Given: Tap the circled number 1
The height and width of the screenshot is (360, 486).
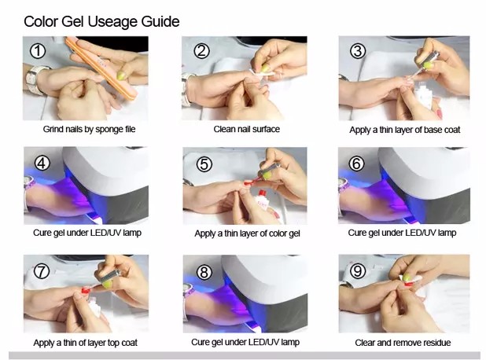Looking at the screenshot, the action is [38, 51].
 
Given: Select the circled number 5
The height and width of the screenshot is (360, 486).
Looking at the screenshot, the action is [204, 164].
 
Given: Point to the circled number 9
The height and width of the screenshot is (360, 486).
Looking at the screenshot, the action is [358, 271].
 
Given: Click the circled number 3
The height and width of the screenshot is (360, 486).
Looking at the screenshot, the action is [358, 51].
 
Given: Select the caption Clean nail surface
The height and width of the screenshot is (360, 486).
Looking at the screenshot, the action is [246, 129].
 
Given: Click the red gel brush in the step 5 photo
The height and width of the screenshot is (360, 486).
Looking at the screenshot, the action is [251, 182].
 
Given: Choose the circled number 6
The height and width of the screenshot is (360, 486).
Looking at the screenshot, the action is [356, 163].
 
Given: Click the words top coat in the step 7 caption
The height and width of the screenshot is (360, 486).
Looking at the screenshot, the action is [122, 343].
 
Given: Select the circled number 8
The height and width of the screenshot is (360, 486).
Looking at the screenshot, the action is [204, 272].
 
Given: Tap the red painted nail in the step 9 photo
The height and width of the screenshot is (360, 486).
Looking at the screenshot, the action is [408, 284].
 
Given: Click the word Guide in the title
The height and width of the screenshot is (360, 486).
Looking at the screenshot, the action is [160, 22].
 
